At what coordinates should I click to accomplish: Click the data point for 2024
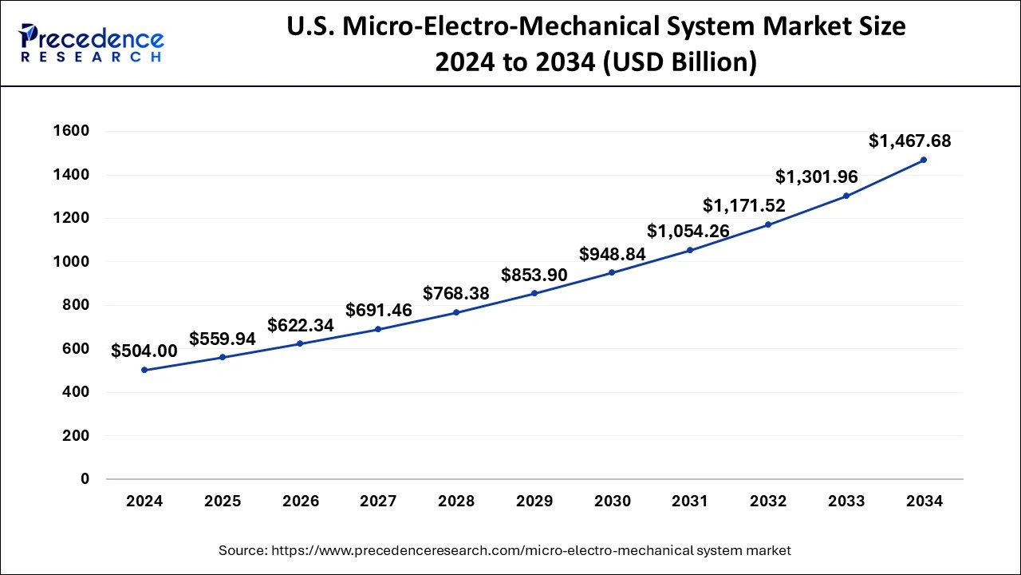pos(144,370)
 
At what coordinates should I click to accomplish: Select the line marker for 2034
pos(924,160)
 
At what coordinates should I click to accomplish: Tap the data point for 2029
pos(534,293)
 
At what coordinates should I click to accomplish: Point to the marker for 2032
pos(768,224)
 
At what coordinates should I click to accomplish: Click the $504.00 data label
pos(144,351)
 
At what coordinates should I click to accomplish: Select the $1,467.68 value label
pos(909,141)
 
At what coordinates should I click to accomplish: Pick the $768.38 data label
pos(456,293)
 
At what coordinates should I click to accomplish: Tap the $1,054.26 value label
pos(688,232)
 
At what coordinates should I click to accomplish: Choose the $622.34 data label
pos(301,325)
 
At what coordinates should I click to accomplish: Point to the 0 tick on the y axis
pos(85,479)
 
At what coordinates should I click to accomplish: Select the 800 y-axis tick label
pos(77,305)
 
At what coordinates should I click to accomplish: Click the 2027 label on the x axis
pos(378,502)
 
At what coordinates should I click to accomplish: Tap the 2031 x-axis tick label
pos(690,502)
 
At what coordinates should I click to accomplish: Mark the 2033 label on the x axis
pos(846,502)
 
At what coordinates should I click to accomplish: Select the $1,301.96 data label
pos(817,177)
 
